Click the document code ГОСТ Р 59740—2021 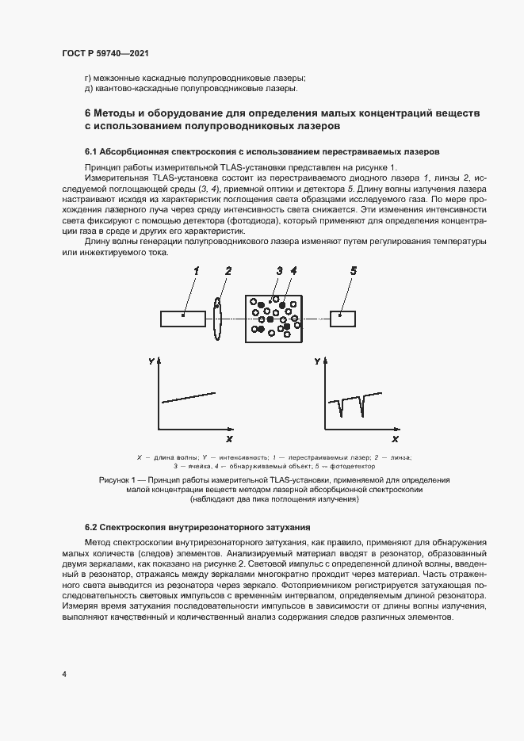[x=105, y=53]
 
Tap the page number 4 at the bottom [x=63, y=674]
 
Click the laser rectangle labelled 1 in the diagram [x=183, y=319]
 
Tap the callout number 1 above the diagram [x=195, y=271]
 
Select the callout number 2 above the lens [x=228, y=271]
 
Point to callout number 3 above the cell [x=279, y=271]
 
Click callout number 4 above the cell [x=293, y=271]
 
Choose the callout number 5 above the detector [x=353, y=271]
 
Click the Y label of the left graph [x=151, y=361]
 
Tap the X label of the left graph [x=229, y=438]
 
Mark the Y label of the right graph [x=316, y=361]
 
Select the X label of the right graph [x=395, y=438]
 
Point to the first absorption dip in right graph [x=342, y=407]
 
